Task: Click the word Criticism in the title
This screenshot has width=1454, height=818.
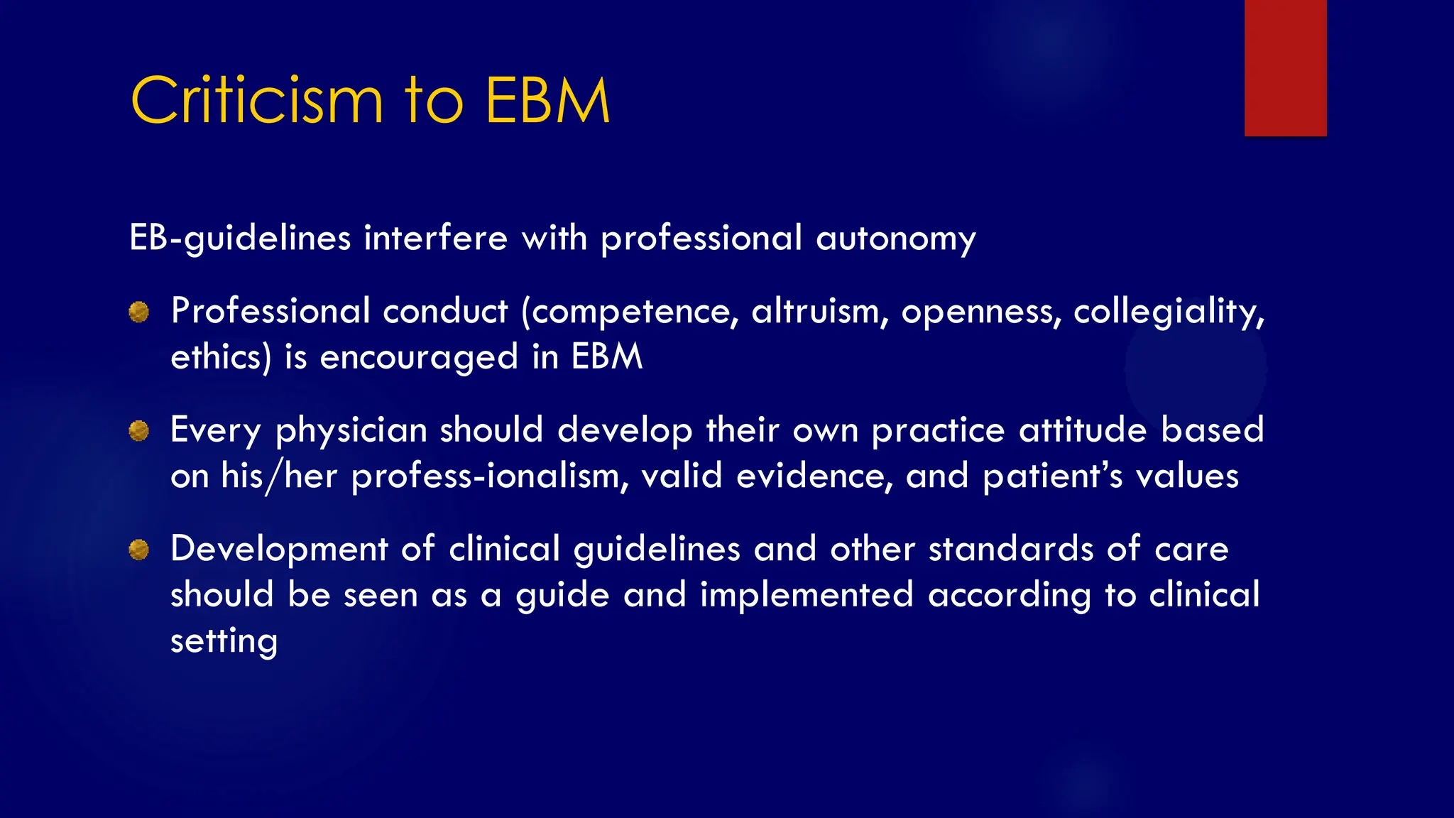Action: coord(257,101)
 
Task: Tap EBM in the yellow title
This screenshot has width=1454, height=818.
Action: coord(547,101)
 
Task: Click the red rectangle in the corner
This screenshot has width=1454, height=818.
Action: coord(1285,67)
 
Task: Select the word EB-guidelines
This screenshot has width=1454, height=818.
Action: coord(240,239)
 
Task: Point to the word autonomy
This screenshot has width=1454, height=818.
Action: coord(896,239)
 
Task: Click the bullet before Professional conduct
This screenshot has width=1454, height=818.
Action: coord(139,312)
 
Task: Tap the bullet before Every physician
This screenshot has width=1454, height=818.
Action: coord(139,430)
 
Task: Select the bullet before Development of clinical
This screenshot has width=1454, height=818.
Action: coord(139,549)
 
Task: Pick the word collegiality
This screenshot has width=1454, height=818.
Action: coord(1169,312)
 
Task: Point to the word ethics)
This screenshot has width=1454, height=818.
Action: coord(221,357)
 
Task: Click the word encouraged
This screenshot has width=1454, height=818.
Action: coord(419,357)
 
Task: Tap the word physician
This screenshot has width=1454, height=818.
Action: coord(351,431)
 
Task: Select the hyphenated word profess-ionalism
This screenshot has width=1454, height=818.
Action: coord(490,476)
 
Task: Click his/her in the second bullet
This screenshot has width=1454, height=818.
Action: coord(279,476)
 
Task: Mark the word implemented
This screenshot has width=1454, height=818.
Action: coord(806,595)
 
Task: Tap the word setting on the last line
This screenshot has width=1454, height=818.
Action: coord(224,641)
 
